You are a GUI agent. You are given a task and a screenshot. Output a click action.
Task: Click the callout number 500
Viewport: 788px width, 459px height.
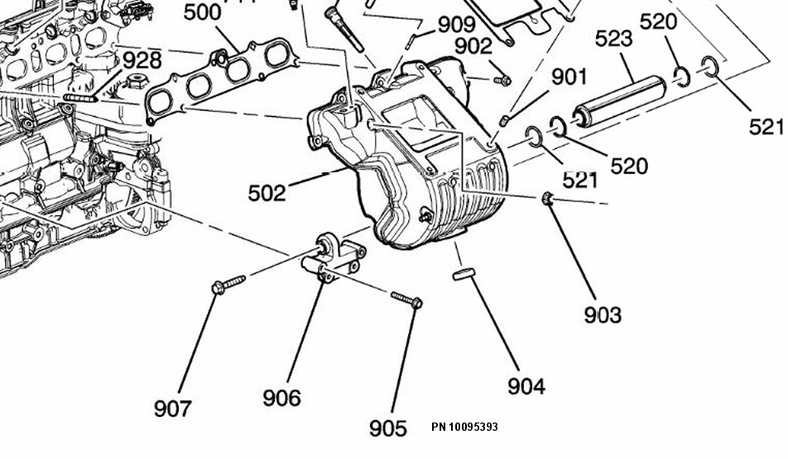pyautogui.click(x=202, y=13)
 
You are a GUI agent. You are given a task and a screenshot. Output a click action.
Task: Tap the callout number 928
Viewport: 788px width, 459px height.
pyautogui.click(x=143, y=60)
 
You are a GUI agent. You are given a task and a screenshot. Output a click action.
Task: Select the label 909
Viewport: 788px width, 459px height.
pyautogui.click(x=457, y=25)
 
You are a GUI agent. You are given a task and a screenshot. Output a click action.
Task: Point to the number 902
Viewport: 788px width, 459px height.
pyautogui.click(x=473, y=46)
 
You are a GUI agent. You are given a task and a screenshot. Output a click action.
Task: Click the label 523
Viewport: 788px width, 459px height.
pyautogui.click(x=613, y=38)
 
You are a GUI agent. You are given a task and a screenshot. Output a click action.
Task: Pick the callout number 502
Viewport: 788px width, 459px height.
pyautogui.click(x=267, y=194)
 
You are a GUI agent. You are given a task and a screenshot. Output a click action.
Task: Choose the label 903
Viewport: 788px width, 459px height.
pyautogui.click(x=602, y=315)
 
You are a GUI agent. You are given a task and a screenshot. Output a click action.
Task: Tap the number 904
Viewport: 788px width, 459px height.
pyautogui.click(x=526, y=386)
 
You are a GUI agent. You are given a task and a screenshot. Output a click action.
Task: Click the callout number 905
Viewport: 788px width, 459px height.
pyautogui.click(x=388, y=428)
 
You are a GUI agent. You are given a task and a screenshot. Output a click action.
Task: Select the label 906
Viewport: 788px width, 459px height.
pyautogui.click(x=281, y=398)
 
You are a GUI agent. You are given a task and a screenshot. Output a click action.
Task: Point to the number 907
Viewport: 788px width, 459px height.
pyautogui.click(x=173, y=408)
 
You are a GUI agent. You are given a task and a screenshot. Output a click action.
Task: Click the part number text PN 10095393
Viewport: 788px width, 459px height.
pyautogui.click(x=464, y=428)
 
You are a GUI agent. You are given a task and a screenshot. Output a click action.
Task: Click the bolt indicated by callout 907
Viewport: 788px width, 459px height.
pyautogui.click(x=228, y=283)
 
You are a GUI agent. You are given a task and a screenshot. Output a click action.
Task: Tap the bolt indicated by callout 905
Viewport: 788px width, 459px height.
pyautogui.click(x=407, y=298)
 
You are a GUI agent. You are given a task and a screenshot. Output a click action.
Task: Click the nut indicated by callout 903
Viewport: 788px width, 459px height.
pyautogui.click(x=547, y=199)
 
